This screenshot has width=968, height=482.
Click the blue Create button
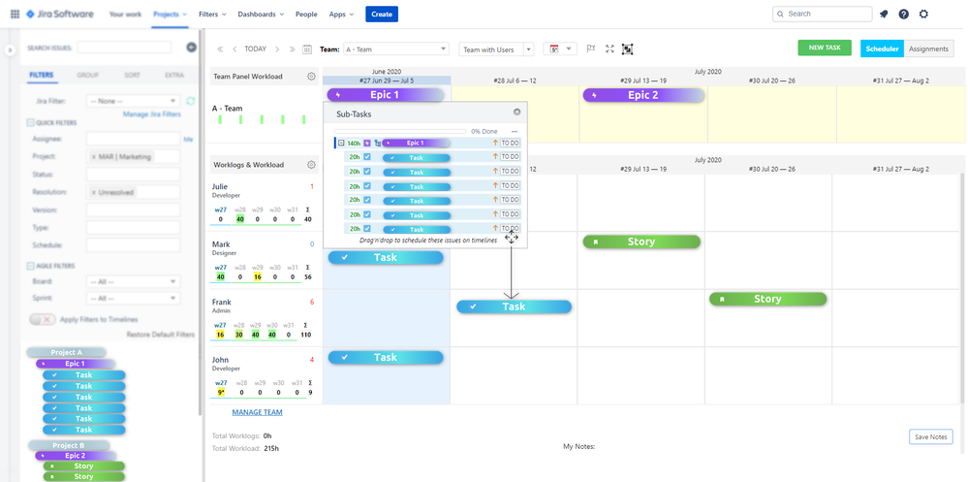click(382, 15)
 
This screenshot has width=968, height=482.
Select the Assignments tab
click(929, 48)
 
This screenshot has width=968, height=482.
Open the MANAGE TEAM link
click(257, 412)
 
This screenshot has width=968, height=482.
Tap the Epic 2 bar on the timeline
click(641, 95)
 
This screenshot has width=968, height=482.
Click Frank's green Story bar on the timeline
click(767, 299)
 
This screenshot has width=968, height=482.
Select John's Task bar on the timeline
click(385, 357)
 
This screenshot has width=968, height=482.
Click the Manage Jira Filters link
click(152, 114)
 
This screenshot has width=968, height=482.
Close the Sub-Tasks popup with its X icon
click(517, 112)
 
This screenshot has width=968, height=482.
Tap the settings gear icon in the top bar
click(923, 15)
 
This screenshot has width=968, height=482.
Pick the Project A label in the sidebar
click(66, 352)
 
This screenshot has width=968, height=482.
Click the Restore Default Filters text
click(161, 335)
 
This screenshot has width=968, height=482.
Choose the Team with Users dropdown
click(499, 49)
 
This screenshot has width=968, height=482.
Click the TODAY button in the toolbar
click(255, 48)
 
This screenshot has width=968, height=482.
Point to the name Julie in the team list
click(221, 186)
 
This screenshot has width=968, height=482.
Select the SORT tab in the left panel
click(131, 75)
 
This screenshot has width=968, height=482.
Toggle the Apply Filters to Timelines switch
click(42, 319)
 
